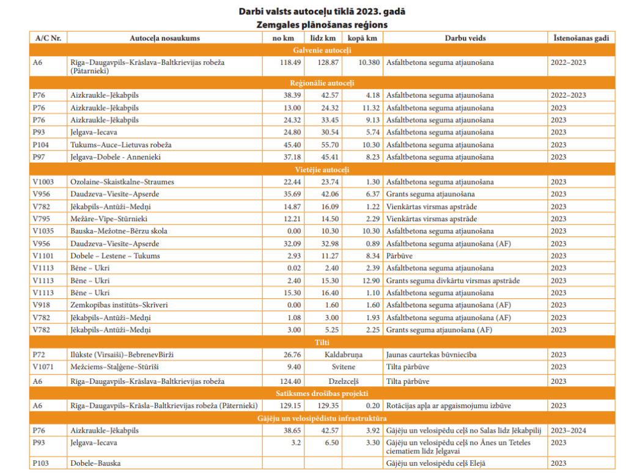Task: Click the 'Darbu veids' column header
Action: point(465,38)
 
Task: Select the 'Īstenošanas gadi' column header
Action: point(581,38)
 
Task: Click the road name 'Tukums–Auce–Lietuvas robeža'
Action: point(121,145)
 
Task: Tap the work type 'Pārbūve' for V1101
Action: point(399,256)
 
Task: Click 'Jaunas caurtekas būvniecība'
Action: point(432,354)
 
